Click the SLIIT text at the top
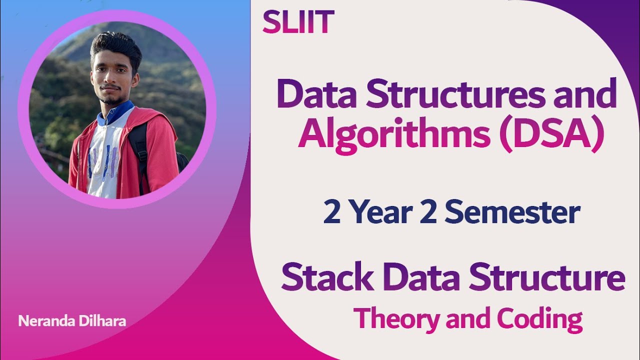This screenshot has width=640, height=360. pyautogui.click(x=298, y=22)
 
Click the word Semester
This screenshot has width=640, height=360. pyautogui.click(x=512, y=212)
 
